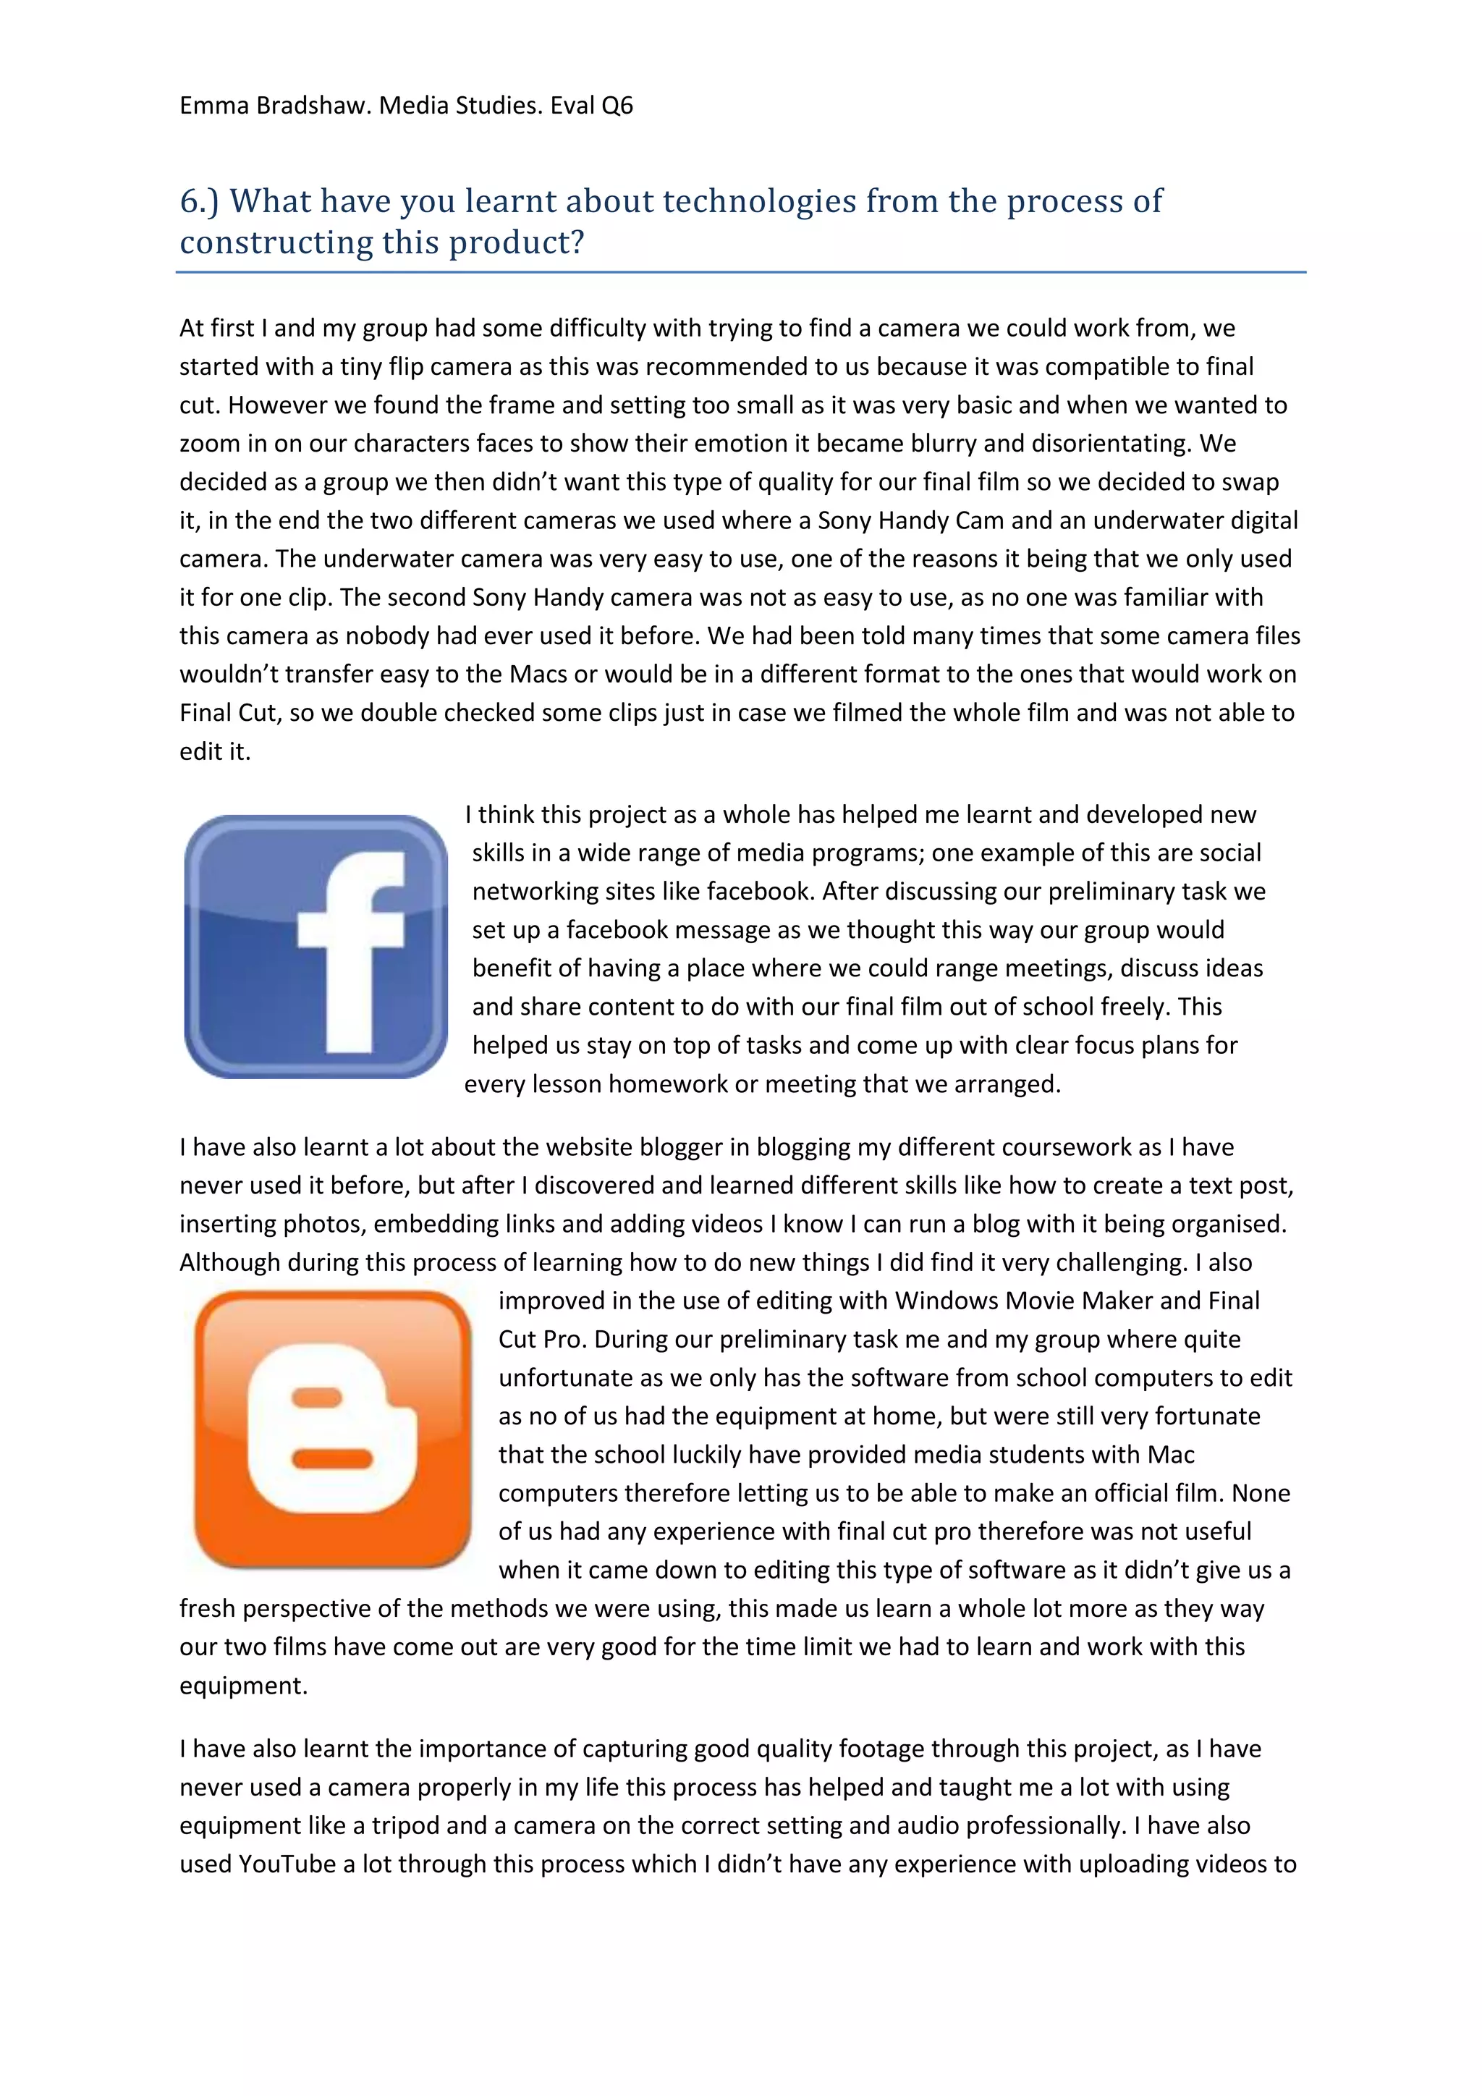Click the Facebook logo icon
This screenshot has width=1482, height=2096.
pyautogui.click(x=316, y=946)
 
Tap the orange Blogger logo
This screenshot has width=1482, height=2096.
pyautogui.click(x=332, y=1429)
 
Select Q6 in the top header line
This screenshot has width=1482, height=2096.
pyautogui.click(x=617, y=106)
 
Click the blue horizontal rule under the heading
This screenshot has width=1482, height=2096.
pyautogui.click(x=740, y=272)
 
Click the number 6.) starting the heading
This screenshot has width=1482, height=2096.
pyautogui.click(x=199, y=200)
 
